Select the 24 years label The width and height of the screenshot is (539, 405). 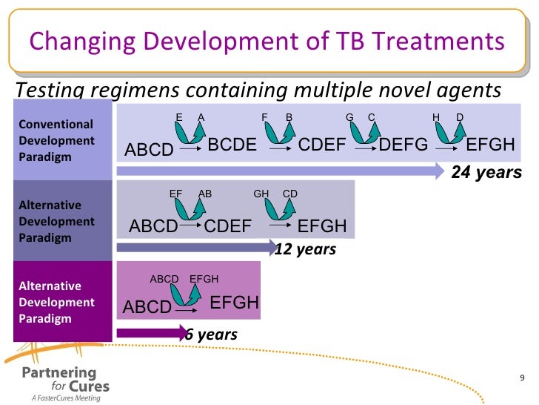click(x=486, y=173)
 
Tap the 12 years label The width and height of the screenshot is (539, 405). click(x=305, y=249)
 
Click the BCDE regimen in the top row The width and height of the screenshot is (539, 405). click(x=232, y=145)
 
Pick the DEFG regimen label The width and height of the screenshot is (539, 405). click(x=404, y=145)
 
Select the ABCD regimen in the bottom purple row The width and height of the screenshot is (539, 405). click(x=147, y=307)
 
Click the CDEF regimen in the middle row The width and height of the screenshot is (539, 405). click(x=227, y=225)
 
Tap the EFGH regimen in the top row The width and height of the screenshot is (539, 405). click(x=490, y=145)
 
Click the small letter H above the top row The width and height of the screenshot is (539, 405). click(x=436, y=117)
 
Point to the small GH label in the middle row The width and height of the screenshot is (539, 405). click(x=261, y=194)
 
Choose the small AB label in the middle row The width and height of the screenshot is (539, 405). click(x=205, y=194)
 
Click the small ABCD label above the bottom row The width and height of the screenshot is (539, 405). click(x=164, y=279)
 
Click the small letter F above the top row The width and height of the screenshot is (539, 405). click(x=264, y=117)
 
